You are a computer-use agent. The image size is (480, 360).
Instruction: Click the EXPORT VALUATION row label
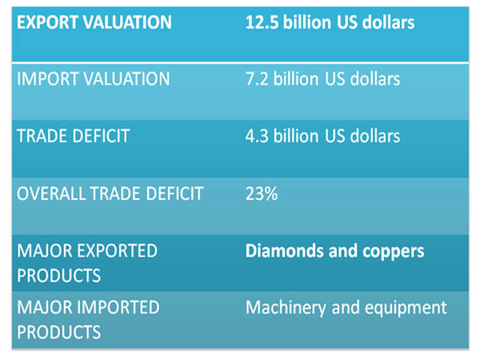[x=94, y=22]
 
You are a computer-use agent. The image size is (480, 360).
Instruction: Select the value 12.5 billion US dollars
[x=330, y=22]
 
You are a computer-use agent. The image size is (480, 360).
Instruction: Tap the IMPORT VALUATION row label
[x=94, y=79]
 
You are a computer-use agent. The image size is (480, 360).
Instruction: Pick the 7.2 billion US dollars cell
[x=322, y=79]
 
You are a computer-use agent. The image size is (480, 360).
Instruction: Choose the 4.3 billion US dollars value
[x=322, y=136]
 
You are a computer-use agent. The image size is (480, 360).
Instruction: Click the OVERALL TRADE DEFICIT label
[x=110, y=194]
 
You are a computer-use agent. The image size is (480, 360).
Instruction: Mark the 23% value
[x=262, y=194]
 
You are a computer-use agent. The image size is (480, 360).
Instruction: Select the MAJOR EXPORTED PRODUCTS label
[x=88, y=263]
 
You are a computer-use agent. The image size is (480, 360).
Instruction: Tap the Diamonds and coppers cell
[x=334, y=251]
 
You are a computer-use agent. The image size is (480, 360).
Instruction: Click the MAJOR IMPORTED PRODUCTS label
[x=88, y=319]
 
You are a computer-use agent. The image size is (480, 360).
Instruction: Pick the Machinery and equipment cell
[x=346, y=307]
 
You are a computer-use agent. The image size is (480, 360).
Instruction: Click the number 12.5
[x=262, y=22]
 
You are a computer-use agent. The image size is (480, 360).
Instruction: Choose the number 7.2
[x=257, y=79]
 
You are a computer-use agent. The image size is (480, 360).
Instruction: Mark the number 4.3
[x=257, y=136]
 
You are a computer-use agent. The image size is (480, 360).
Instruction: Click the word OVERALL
[x=49, y=194]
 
